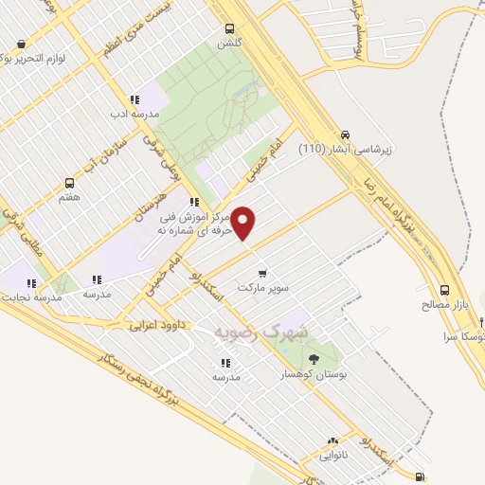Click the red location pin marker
[243, 223]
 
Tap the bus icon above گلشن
[229, 28]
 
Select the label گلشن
[228, 43]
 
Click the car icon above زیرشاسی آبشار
[346, 134]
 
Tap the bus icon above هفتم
[68, 183]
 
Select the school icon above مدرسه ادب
[134, 99]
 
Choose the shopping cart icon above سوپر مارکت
[262, 273]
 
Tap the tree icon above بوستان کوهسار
[314, 359]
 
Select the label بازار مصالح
[446, 305]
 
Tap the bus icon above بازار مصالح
[445, 291]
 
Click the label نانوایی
[332, 456]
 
